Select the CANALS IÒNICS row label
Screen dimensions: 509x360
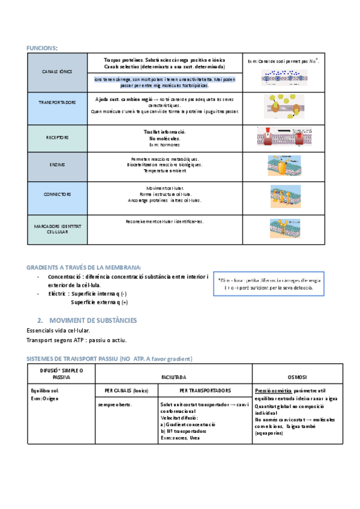click(x=57, y=71)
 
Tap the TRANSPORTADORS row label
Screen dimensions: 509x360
click(x=57, y=103)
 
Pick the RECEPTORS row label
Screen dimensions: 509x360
click(x=57, y=137)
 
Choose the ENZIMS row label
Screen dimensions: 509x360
click(x=57, y=164)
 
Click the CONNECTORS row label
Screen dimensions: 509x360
click(x=57, y=194)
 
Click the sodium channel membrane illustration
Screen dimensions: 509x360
click(x=284, y=77)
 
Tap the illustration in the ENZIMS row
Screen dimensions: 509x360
click(x=284, y=164)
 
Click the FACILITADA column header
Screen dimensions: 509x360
click(x=173, y=377)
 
